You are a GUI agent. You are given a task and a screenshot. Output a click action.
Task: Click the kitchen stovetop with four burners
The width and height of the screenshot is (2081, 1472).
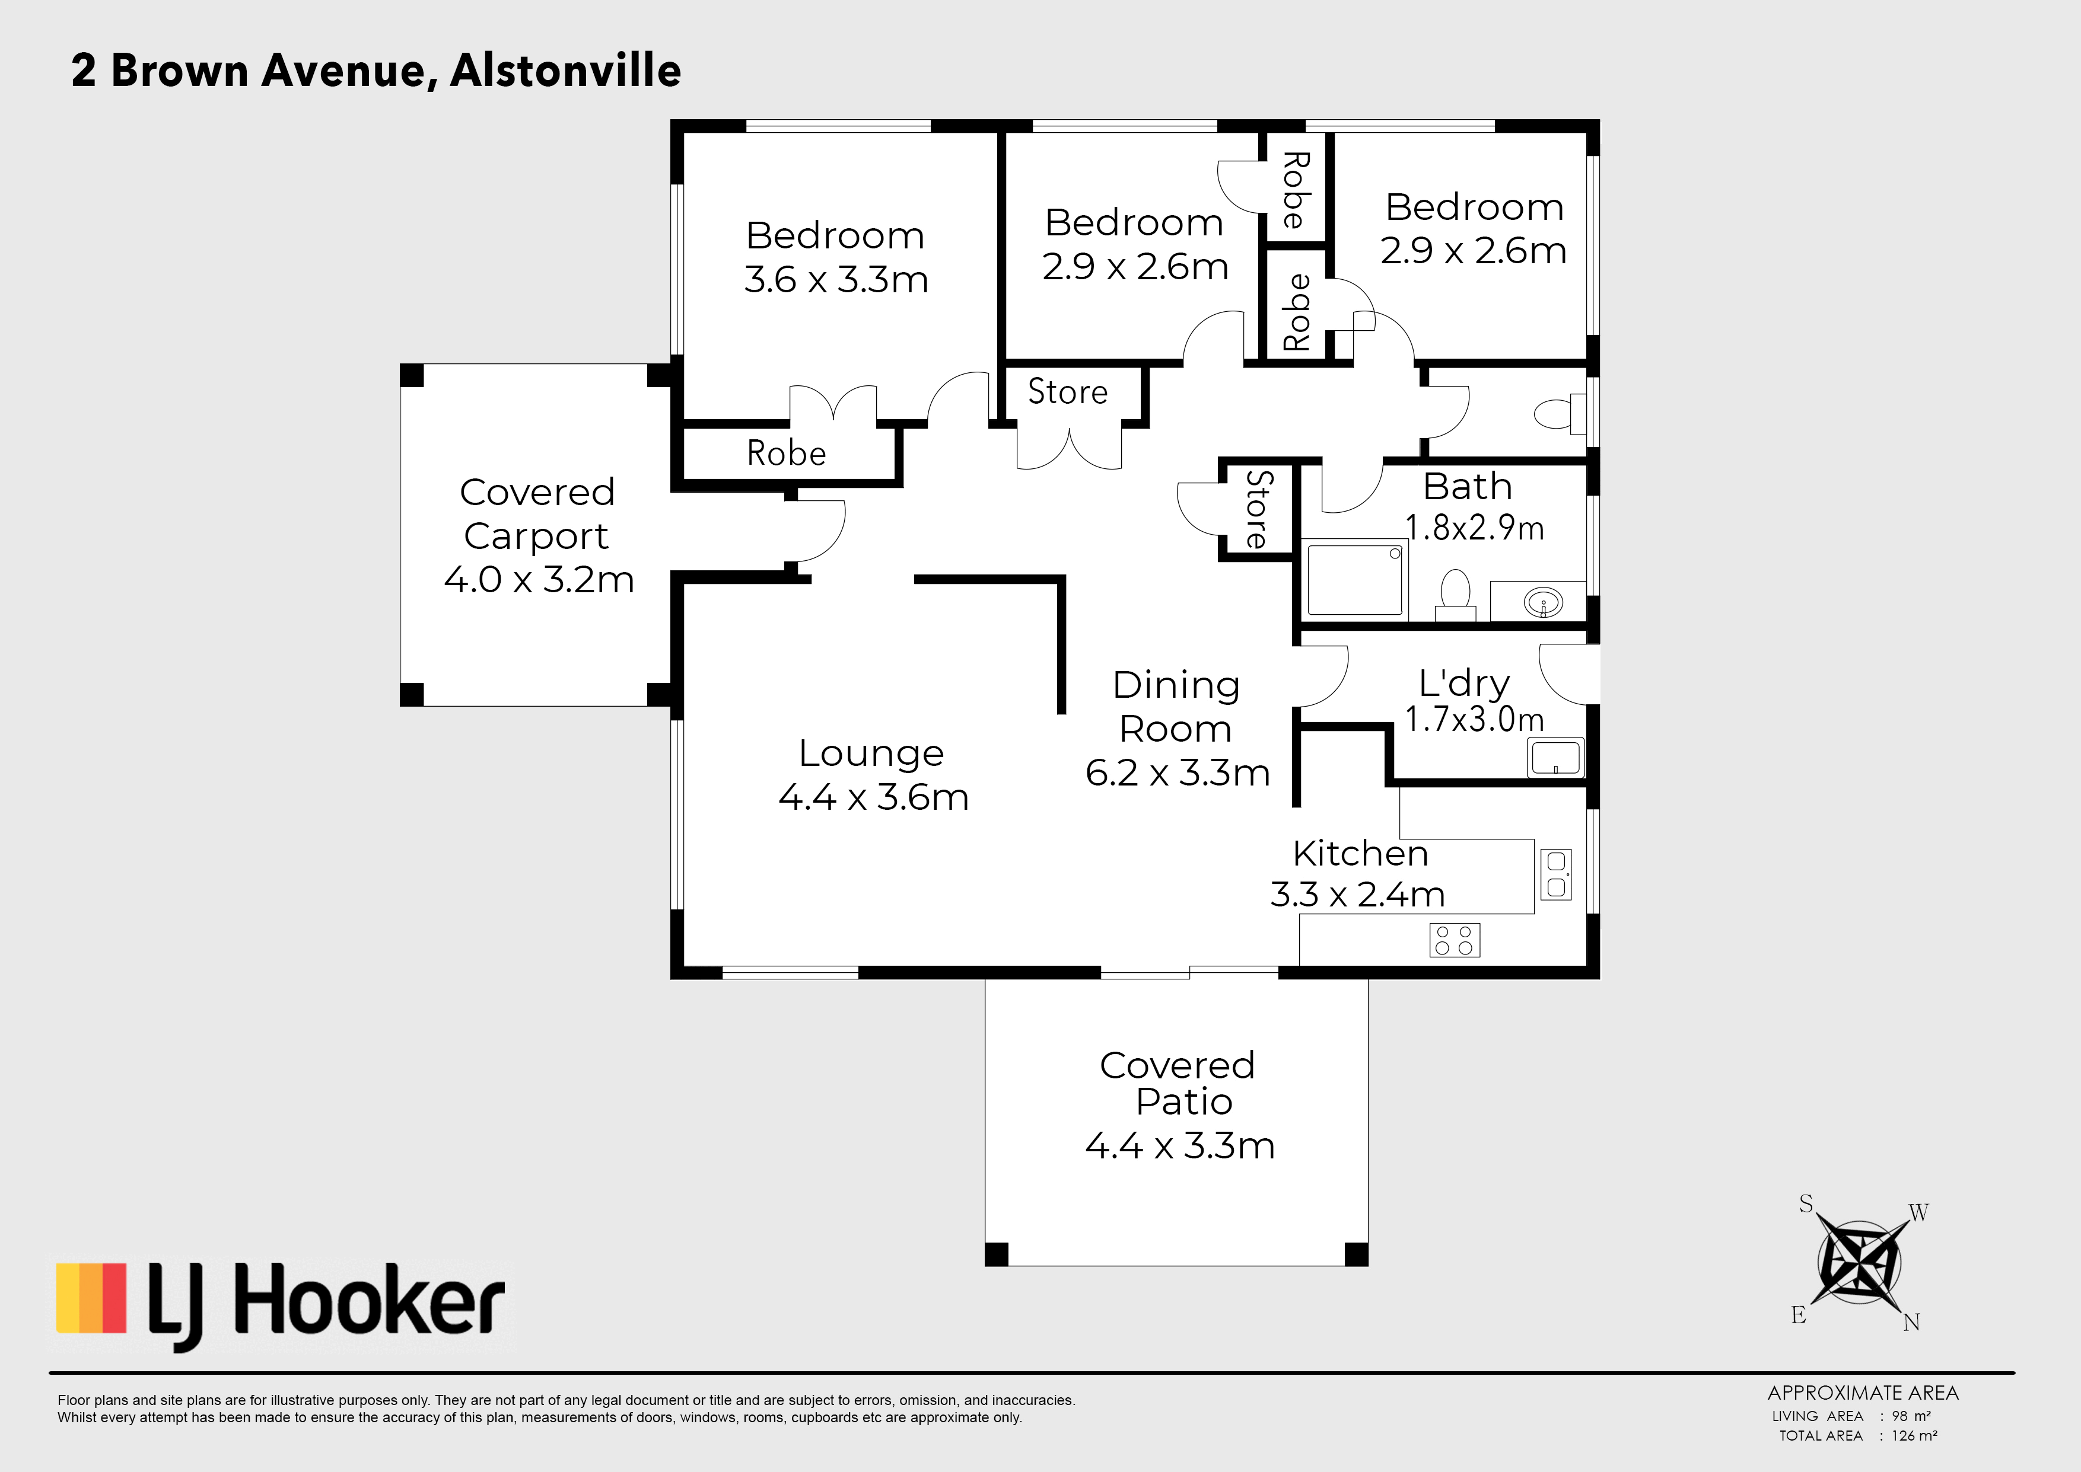coord(1455,940)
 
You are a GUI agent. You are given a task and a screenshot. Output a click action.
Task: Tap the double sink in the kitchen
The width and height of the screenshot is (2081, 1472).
coord(1556,874)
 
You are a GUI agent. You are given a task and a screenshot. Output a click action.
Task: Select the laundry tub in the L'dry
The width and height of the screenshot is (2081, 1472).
coord(1556,758)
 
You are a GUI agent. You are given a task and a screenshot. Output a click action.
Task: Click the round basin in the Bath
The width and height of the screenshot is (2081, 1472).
coord(1544,602)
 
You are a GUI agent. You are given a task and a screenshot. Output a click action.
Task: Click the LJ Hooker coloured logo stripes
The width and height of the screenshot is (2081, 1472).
coord(91,1298)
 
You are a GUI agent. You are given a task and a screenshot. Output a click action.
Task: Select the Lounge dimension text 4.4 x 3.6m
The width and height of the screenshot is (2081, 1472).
coord(873,797)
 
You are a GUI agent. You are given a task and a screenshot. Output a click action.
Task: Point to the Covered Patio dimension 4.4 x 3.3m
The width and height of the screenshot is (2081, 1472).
coord(1180,1146)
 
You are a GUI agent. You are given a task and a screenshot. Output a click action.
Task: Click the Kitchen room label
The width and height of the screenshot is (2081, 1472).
coord(1360,853)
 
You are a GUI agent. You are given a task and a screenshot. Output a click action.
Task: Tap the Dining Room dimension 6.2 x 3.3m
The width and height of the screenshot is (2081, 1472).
coord(1177,772)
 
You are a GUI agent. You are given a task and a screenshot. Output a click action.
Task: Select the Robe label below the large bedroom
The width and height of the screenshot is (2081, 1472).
coord(786,453)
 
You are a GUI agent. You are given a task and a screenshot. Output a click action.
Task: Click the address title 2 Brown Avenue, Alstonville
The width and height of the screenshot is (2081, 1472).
coord(376,71)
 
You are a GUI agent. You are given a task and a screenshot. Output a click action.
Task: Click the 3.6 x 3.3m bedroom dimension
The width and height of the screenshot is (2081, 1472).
coord(836,279)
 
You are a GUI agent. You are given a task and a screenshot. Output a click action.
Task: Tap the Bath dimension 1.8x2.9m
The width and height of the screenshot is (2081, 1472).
coord(1474,528)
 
